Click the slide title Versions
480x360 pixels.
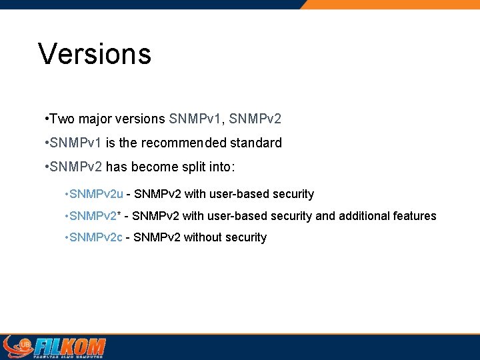click(x=95, y=54)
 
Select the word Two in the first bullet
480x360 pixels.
click(x=61, y=119)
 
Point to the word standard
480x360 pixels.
click(x=256, y=143)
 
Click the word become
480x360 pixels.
click(x=175, y=167)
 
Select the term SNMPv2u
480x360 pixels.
click(x=96, y=195)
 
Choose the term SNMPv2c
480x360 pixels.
click(x=95, y=238)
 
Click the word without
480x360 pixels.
click(x=205, y=238)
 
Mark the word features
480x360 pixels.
click(x=416, y=216)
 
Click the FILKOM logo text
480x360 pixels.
click(x=69, y=347)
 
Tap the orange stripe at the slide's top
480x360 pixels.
click(x=393, y=4)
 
